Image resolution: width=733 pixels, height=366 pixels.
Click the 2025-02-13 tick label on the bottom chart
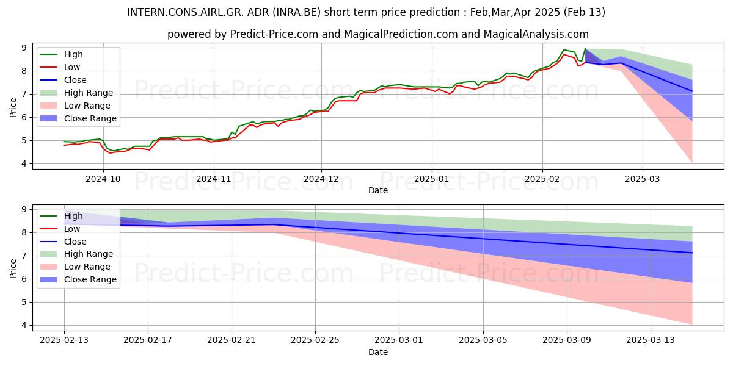point(64,340)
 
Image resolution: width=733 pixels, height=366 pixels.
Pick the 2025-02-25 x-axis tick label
point(315,340)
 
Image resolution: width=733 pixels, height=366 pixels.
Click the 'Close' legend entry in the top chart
point(75,80)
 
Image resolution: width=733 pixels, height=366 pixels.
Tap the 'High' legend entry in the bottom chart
point(73,216)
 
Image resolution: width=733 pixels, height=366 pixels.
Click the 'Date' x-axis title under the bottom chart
point(378,352)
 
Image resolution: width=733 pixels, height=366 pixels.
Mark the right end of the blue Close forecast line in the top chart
point(692,91)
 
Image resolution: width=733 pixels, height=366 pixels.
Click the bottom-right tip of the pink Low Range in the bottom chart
point(692,325)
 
